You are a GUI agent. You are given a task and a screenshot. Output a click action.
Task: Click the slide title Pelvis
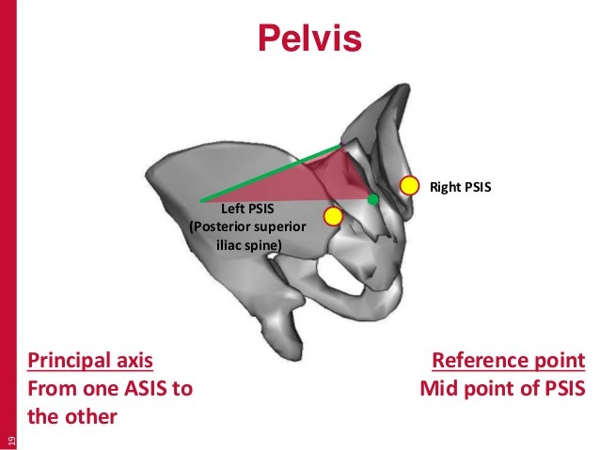(310, 39)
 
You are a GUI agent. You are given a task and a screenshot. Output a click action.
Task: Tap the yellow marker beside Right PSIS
(409, 185)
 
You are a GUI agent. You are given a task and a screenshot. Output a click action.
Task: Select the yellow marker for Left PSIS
(332, 217)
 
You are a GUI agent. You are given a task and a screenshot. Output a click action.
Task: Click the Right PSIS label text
(461, 187)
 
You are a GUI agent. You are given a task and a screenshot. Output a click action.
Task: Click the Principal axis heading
(90, 361)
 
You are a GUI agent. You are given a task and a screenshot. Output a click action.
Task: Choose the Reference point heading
(508, 361)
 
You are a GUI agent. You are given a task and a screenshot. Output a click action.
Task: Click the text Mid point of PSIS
(502, 387)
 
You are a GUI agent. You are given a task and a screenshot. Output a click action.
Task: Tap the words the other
(72, 414)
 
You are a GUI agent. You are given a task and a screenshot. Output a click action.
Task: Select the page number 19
(11, 438)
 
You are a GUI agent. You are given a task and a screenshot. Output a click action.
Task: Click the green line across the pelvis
(273, 173)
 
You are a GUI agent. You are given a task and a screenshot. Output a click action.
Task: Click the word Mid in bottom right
(438, 387)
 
